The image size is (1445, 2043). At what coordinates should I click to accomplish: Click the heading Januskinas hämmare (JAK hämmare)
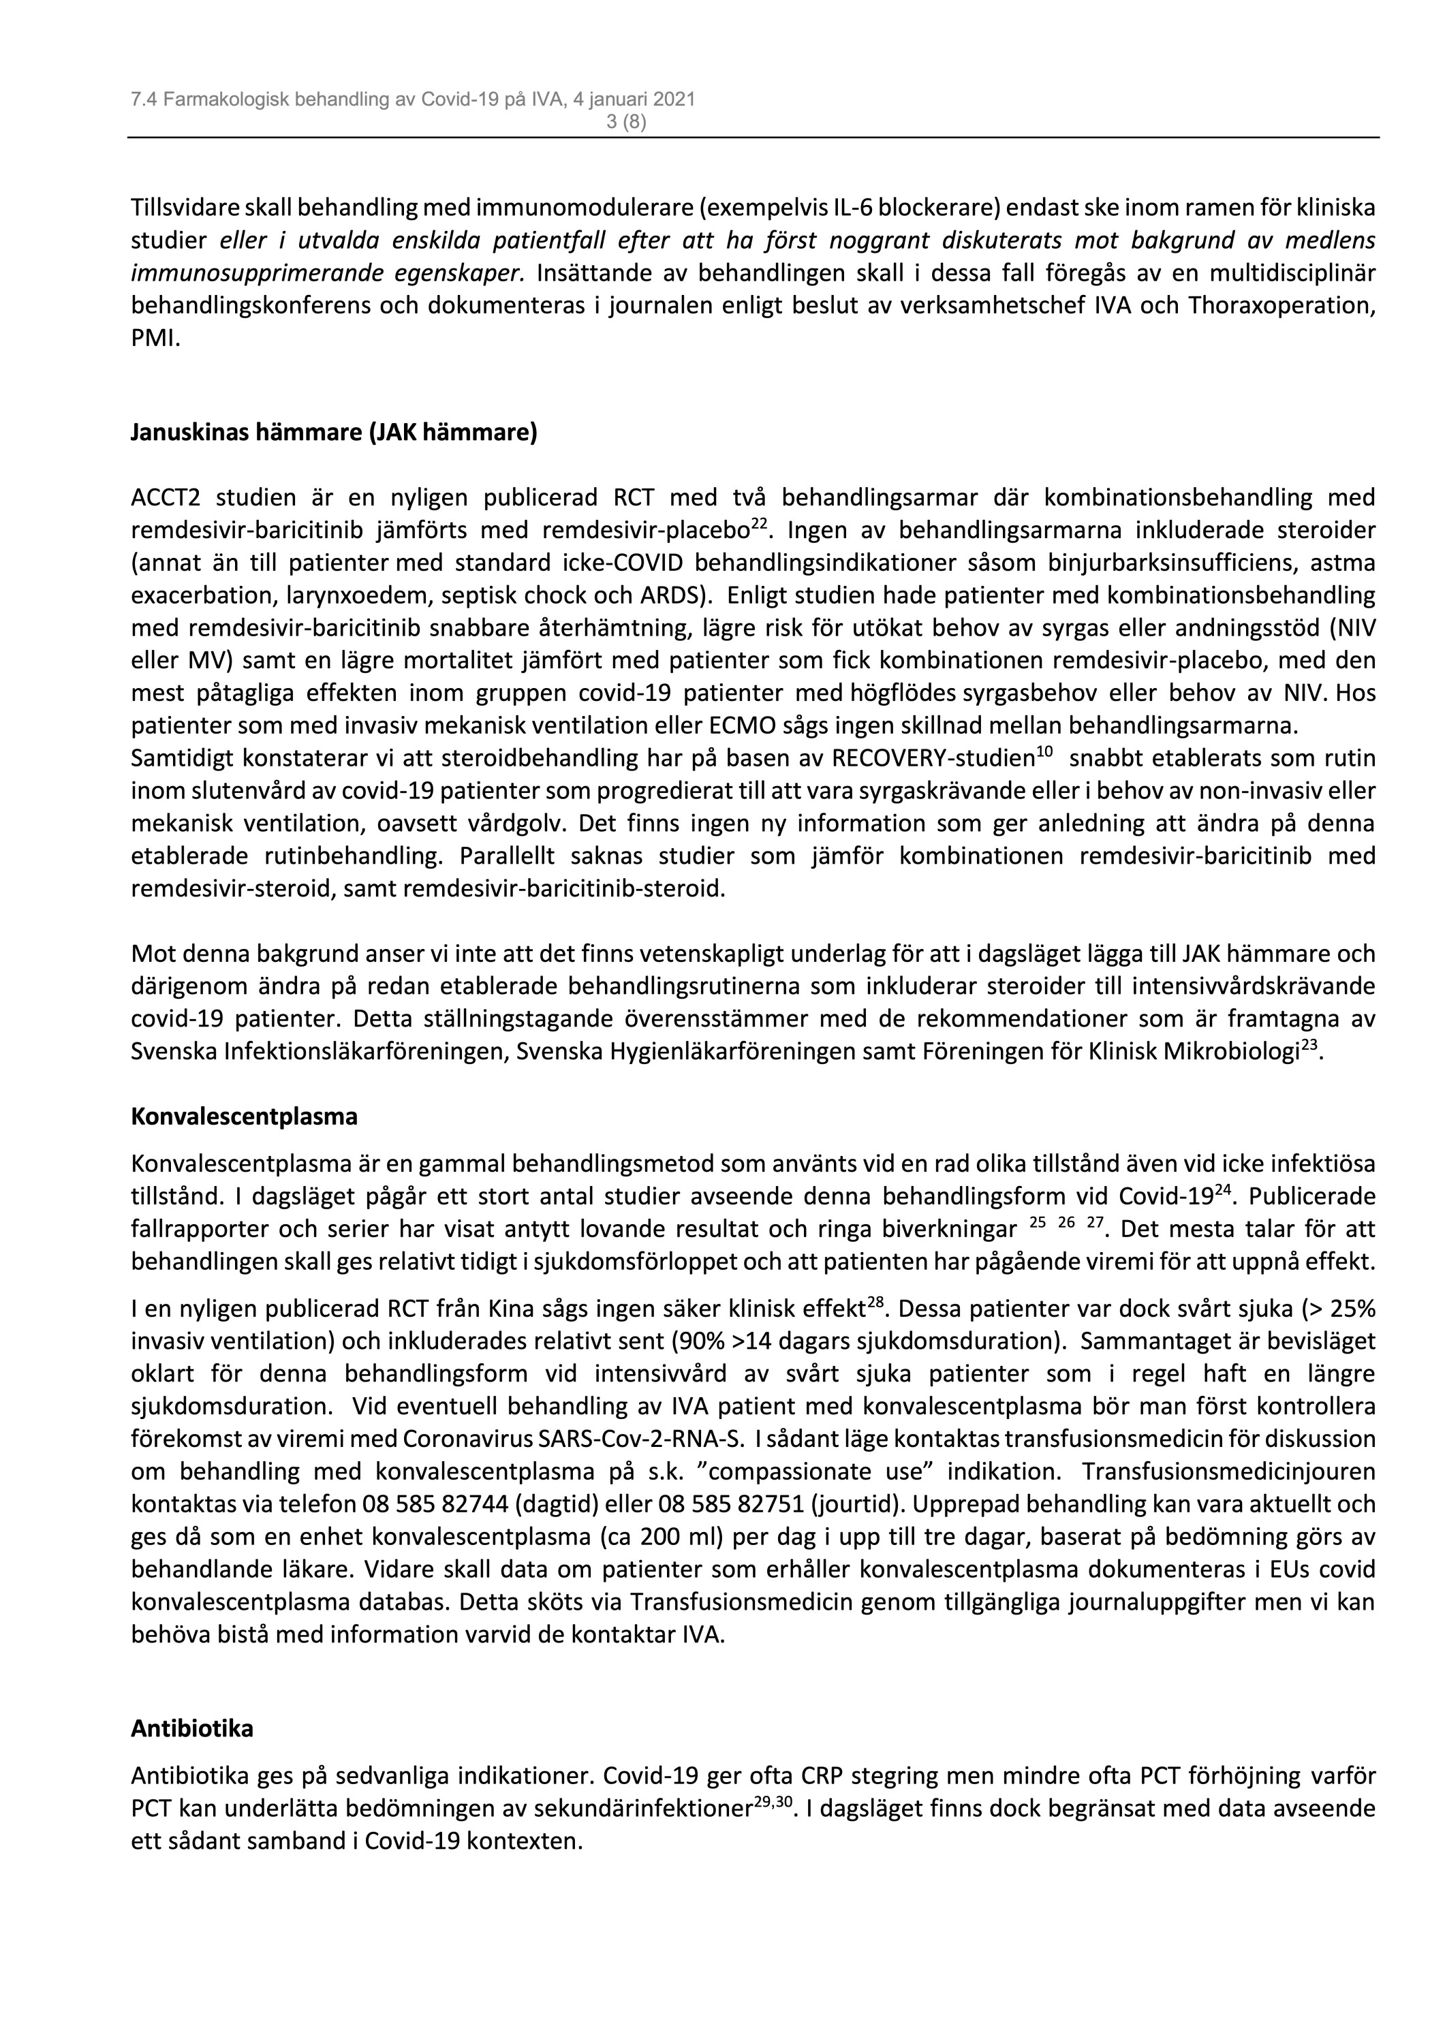pos(334,433)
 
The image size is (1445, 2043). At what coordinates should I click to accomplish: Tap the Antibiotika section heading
pos(192,1728)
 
